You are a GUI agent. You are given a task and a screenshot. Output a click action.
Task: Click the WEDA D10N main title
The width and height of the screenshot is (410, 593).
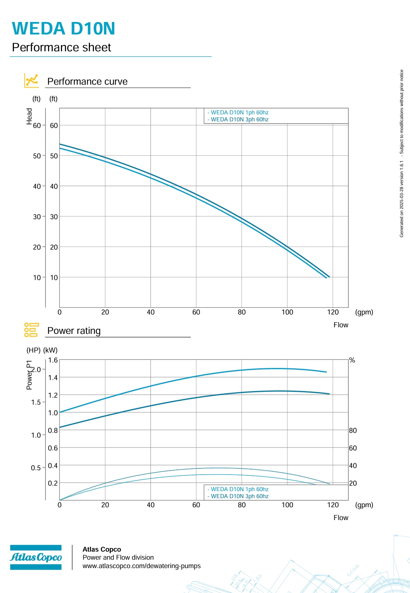click(x=64, y=28)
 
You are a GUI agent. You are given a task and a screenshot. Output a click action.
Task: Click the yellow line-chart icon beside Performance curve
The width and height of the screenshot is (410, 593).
click(x=31, y=81)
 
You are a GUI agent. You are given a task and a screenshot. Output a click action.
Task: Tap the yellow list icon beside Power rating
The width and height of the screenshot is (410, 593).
click(x=31, y=330)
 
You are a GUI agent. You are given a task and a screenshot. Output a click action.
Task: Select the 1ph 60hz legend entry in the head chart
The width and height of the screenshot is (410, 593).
click(x=238, y=113)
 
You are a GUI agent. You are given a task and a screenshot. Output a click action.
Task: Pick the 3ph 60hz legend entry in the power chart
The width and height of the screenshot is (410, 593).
click(x=238, y=496)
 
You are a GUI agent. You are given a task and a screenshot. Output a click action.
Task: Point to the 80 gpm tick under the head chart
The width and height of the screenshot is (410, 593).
click(x=242, y=312)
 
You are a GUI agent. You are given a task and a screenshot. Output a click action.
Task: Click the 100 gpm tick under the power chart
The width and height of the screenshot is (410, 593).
click(x=287, y=505)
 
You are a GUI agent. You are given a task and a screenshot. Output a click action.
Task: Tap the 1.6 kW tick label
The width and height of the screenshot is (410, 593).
click(x=53, y=360)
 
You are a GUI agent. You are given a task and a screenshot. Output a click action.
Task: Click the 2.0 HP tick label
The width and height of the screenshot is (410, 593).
click(x=36, y=369)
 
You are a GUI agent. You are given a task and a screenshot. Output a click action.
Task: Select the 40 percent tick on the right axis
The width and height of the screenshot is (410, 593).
click(x=353, y=465)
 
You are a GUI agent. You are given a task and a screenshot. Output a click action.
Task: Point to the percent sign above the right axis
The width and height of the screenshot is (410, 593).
click(x=352, y=360)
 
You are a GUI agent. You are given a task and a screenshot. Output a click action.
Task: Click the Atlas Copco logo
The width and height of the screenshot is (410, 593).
click(x=36, y=557)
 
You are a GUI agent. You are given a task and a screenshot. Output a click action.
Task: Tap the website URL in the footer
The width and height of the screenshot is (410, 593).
click(x=142, y=566)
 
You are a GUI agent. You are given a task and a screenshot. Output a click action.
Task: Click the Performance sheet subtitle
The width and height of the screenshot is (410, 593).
click(x=62, y=47)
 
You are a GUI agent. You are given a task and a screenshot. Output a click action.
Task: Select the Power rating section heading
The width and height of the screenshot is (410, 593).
click(x=74, y=331)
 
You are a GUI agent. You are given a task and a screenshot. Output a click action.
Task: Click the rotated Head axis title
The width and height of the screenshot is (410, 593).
click(x=29, y=116)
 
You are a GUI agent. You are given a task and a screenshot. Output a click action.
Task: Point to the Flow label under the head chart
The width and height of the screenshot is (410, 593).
click(x=341, y=325)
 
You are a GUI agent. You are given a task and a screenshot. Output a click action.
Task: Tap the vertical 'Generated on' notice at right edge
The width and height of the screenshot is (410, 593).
click(x=402, y=154)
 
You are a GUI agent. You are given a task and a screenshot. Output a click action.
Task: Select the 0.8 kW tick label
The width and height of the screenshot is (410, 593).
click(x=53, y=430)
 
